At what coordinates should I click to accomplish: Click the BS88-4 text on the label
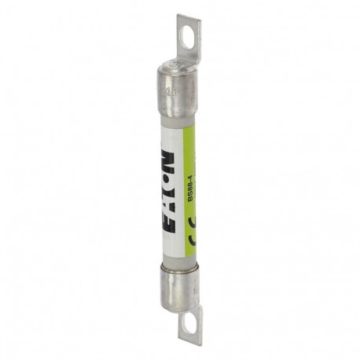click(189, 189)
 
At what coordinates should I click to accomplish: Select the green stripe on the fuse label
click(190, 157)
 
